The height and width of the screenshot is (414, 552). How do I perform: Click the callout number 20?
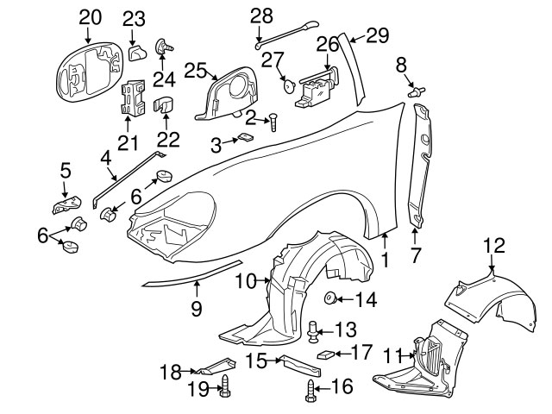(x=90, y=16)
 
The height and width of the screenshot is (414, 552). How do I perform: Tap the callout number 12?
(x=492, y=247)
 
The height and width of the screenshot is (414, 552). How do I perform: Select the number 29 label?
(x=378, y=35)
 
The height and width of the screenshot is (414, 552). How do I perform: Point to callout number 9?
(x=196, y=308)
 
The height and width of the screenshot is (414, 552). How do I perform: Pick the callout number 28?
(x=262, y=16)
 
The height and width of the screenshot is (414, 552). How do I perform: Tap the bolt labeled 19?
(x=224, y=386)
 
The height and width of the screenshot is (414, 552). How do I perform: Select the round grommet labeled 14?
(x=330, y=299)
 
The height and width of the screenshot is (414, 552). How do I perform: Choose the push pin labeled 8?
(x=417, y=88)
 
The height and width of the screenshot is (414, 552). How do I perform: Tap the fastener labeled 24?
(x=161, y=47)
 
